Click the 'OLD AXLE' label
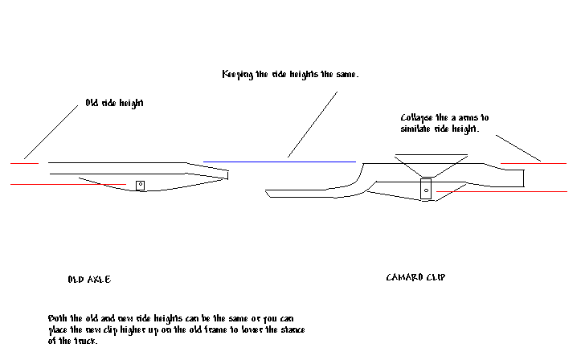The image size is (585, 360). tap(88, 280)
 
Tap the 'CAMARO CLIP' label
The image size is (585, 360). tap(415, 278)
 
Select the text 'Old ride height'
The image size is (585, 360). tap(114, 103)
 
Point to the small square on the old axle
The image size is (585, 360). tap(140, 186)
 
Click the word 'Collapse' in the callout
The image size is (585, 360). tap(416, 117)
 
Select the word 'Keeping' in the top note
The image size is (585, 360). tap(238, 74)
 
